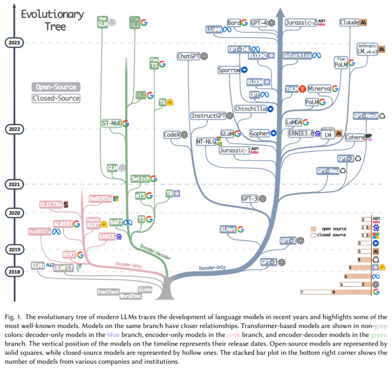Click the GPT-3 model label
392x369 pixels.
[x=250, y=198]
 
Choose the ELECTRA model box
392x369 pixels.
[x=51, y=204]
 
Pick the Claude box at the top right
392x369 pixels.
[x=349, y=22]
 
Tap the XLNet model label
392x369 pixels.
[x=228, y=229]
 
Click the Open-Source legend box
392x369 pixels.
[x=56, y=87]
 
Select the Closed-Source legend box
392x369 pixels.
[x=56, y=98]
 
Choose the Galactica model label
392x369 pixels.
[x=297, y=55]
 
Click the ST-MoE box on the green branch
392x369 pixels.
[x=112, y=123]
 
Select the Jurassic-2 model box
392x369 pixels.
[x=301, y=22]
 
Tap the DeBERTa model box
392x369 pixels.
[x=100, y=198]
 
